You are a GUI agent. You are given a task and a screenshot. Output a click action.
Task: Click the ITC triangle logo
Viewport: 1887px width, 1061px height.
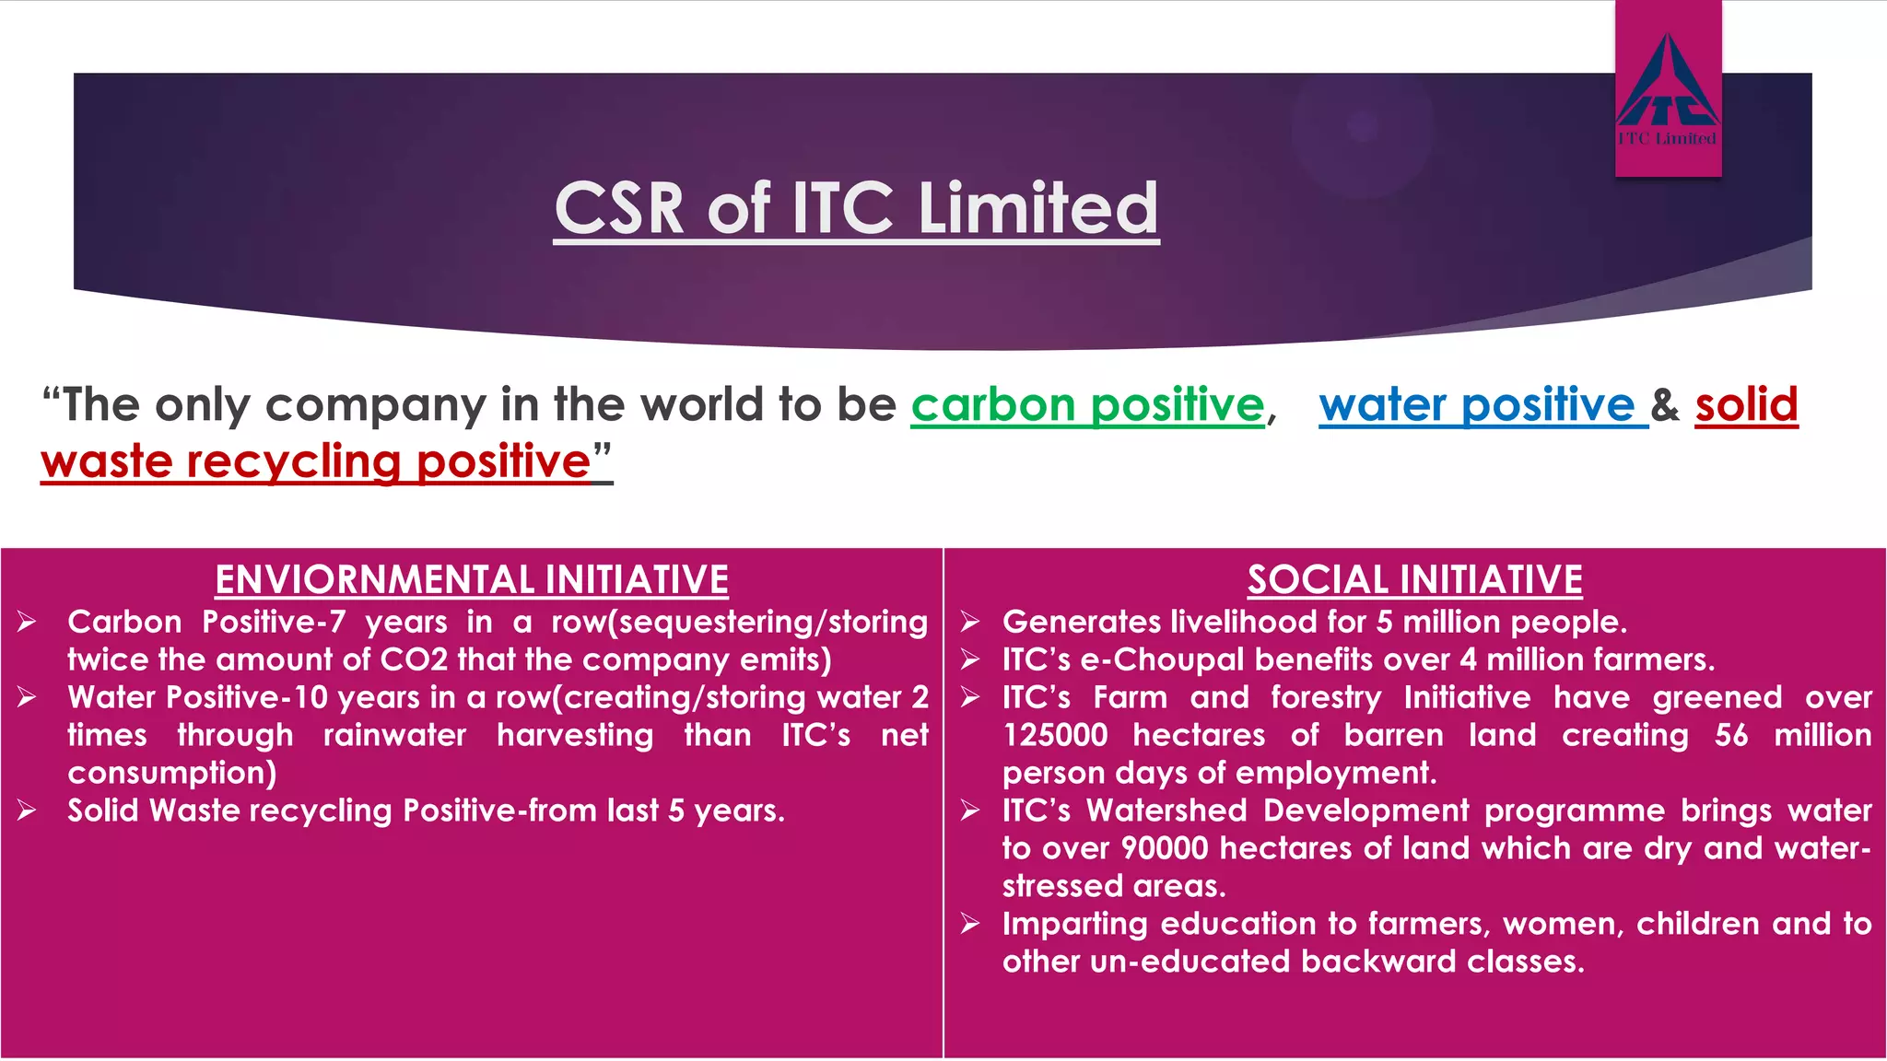pos(1668,83)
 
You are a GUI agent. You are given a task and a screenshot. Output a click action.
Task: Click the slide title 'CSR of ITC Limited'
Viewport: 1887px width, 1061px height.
pos(856,208)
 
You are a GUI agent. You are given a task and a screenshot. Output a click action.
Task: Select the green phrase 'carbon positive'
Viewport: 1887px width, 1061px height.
pos(1087,405)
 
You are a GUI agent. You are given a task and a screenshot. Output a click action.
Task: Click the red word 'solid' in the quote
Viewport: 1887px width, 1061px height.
pos(1746,405)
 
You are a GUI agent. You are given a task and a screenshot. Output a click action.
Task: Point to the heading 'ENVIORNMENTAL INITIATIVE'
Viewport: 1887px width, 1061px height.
pos(472,580)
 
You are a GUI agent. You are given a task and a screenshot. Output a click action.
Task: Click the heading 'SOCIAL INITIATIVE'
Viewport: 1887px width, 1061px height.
pos(1415,580)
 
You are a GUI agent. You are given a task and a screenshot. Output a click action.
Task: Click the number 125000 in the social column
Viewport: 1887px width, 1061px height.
pos(1055,736)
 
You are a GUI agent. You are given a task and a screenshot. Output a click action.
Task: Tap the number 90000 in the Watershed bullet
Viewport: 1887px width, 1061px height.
pos(1164,848)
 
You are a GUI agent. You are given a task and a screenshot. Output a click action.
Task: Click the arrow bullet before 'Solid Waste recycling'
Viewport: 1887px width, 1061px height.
pos(27,811)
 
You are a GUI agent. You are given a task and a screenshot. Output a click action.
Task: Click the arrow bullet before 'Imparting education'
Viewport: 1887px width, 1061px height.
pos(969,924)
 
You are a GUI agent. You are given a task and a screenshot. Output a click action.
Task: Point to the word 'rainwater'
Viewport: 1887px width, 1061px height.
pos(394,736)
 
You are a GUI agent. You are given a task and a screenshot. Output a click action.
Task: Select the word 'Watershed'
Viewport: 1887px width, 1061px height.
pos(1166,810)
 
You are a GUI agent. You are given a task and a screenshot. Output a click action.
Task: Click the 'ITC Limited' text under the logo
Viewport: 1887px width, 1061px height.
pos(1668,139)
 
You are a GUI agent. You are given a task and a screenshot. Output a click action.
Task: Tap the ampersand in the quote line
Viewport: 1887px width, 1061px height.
pos(1665,405)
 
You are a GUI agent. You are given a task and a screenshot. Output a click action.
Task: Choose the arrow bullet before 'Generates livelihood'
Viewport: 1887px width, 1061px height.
pos(969,623)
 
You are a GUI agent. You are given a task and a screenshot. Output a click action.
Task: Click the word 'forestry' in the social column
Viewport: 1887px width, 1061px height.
pos(1326,698)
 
